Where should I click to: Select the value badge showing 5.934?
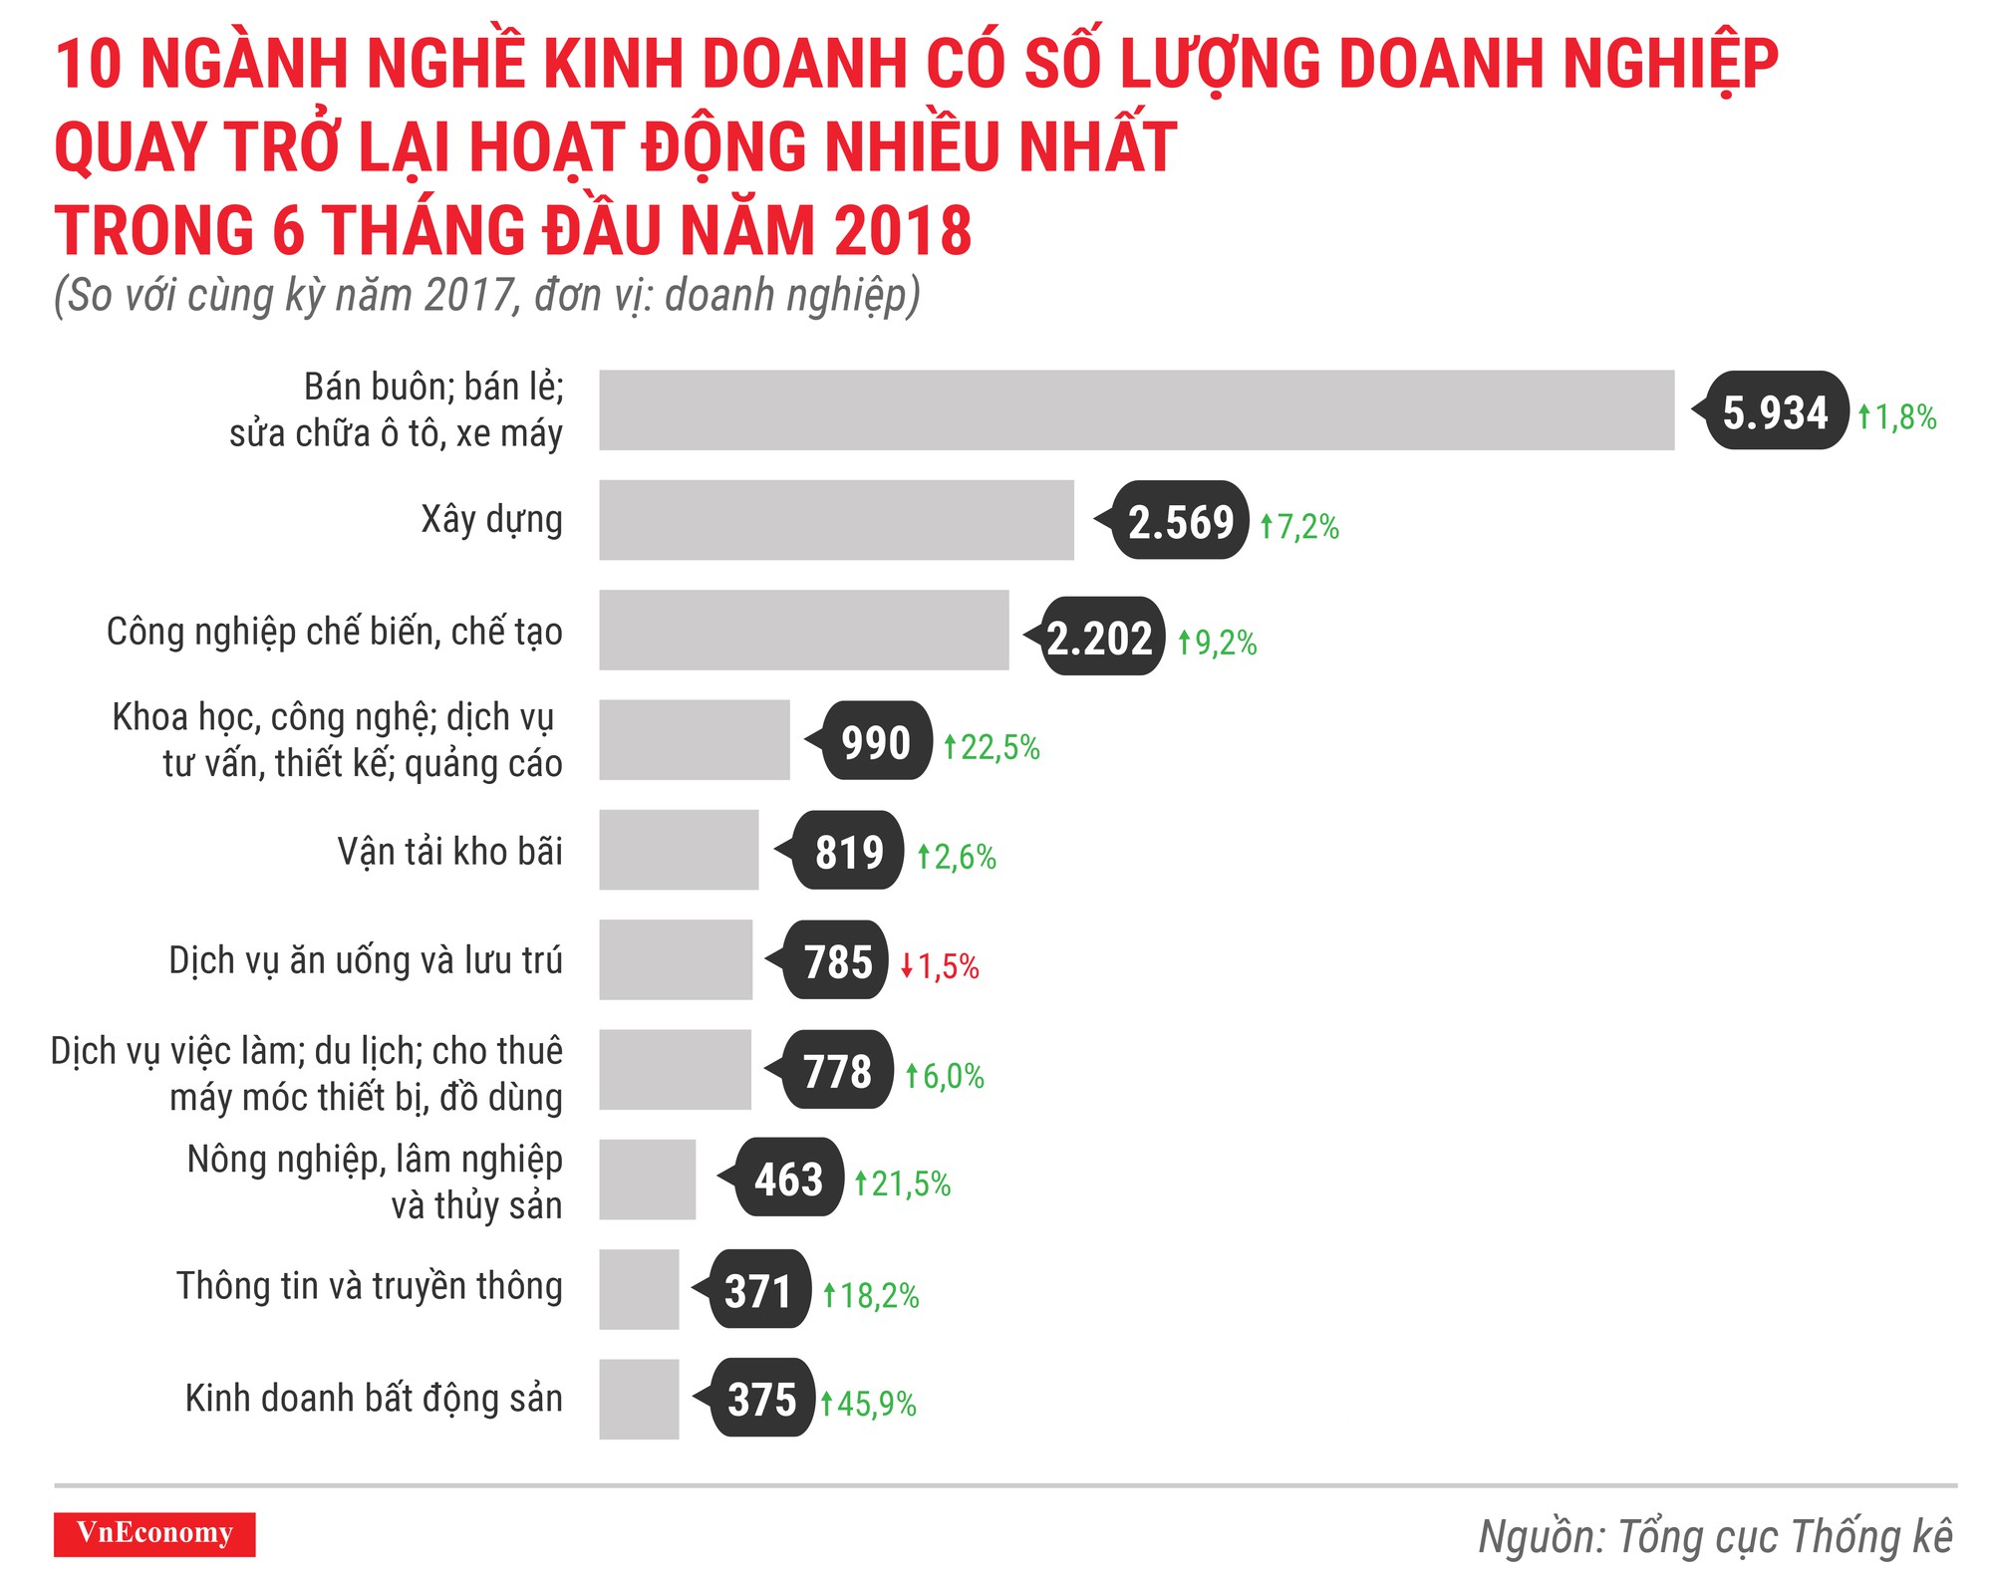click(x=1775, y=411)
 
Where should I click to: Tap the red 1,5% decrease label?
click(x=941, y=966)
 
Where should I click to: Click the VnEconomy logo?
click(x=154, y=1533)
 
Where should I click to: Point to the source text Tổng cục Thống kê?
click(x=1715, y=1536)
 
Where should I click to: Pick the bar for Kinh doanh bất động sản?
click(x=639, y=1399)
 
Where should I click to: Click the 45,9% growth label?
click(x=868, y=1404)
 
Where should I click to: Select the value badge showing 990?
click(x=876, y=742)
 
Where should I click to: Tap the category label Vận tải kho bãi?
click(x=449, y=852)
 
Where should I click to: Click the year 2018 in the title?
click(x=903, y=231)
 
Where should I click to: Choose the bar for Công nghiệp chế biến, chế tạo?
click(x=803, y=630)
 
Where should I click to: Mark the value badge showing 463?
click(x=788, y=1179)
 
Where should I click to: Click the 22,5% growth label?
click(x=992, y=747)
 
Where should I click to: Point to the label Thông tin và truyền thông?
click(x=370, y=1286)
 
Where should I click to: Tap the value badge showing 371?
click(x=758, y=1290)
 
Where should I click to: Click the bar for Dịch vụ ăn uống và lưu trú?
click(x=676, y=959)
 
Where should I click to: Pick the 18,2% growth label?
click(x=871, y=1295)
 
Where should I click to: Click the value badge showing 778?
click(x=837, y=1071)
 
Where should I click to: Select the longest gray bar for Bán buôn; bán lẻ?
click(x=1136, y=410)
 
